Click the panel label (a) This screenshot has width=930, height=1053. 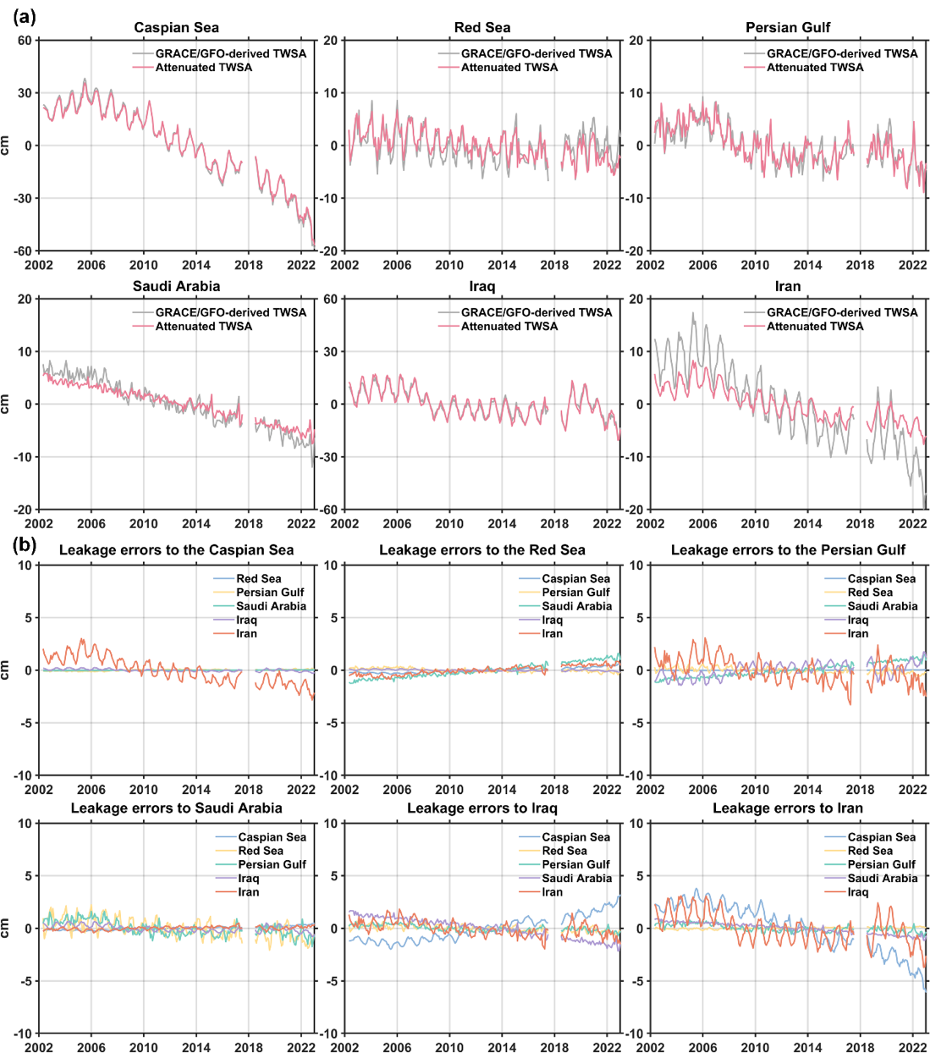tap(24, 15)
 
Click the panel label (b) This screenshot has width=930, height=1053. tap(24, 543)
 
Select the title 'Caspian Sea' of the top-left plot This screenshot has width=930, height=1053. tap(176, 28)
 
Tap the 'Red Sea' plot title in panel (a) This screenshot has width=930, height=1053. tap(482, 28)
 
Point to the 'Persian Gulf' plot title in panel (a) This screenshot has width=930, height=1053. tap(788, 28)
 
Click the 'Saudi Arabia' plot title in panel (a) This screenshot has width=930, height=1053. tap(176, 286)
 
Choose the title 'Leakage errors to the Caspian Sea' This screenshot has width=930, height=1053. tap(176, 550)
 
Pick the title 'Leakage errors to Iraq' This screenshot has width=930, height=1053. tap(482, 808)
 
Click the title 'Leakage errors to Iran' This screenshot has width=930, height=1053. tap(788, 808)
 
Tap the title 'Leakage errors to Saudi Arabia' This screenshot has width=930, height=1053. tap(176, 808)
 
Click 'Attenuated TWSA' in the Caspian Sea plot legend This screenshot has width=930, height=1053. tap(203, 68)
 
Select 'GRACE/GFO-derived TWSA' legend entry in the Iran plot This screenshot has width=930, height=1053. tap(842, 312)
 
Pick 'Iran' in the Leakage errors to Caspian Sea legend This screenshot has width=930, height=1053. tap(246, 634)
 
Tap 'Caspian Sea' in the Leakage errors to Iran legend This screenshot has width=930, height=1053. tap(881, 837)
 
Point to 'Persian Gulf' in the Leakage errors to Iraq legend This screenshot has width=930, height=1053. tap(575, 864)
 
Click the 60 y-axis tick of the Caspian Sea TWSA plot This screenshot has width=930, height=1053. tap(25, 41)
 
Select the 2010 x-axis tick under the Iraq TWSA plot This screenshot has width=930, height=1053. tap(449, 524)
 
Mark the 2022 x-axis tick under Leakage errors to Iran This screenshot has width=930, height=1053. tap(912, 1048)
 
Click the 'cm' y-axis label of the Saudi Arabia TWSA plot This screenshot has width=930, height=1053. tap(7, 405)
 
